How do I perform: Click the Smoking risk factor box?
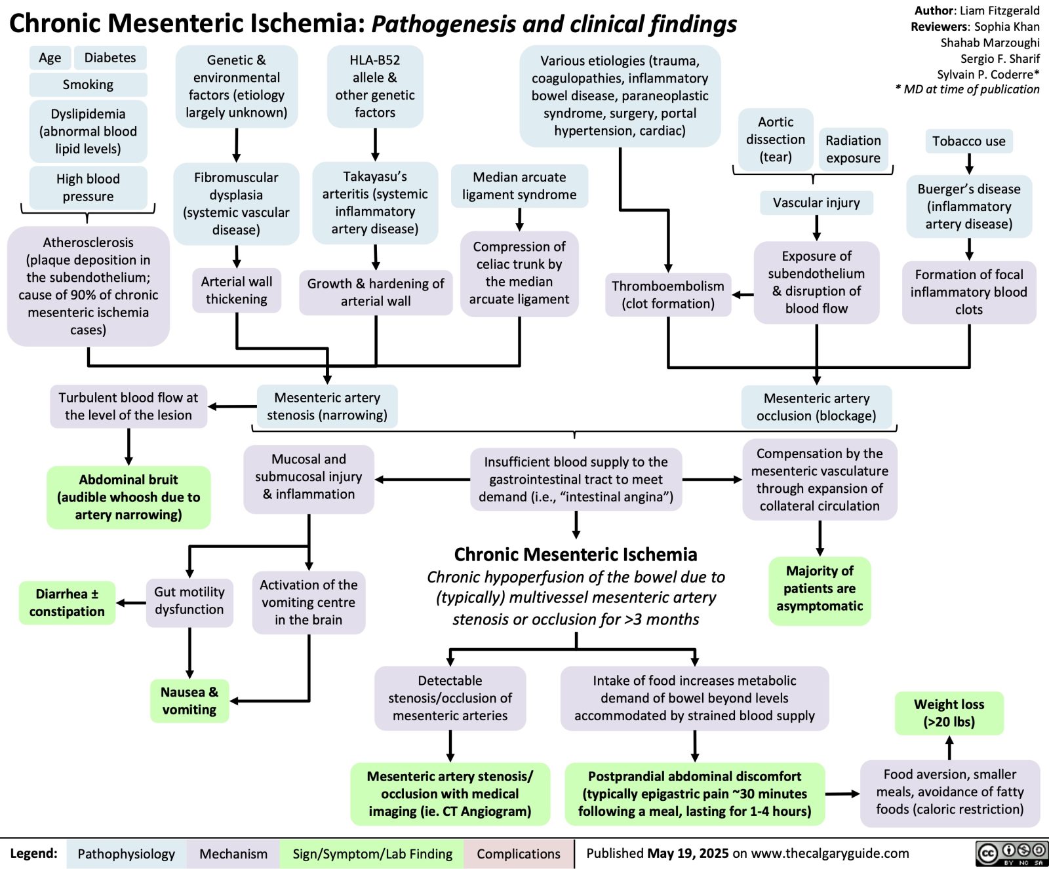pos(88,85)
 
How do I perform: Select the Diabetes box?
pos(110,58)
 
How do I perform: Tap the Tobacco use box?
pos(968,141)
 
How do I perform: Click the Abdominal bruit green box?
pos(129,497)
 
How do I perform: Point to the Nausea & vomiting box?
pos(189,701)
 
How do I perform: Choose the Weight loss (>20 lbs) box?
pos(949,713)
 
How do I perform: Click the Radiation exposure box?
pos(853,149)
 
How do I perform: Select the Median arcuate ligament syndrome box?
pos(519,185)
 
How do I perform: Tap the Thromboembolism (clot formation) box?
pos(667,294)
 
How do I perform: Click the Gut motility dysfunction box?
pos(189,600)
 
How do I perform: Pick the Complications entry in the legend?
pos(518,853)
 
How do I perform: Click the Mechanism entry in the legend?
pos(233,853)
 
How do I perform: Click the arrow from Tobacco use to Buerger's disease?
pos(969,163)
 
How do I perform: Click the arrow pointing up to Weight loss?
pos(949,747)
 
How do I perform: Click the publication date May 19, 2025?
pos(688,853)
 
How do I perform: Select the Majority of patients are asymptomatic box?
pos(820,589)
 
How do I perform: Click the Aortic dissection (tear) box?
pos(776,140)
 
